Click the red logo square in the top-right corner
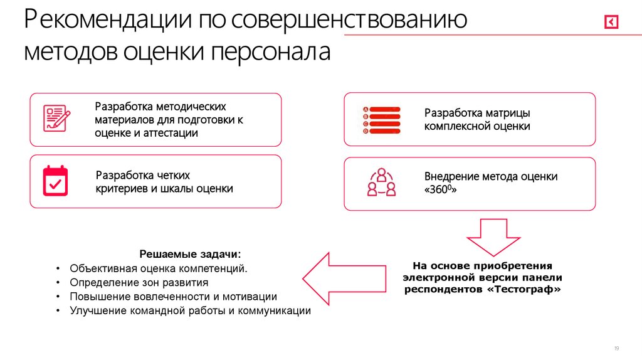611,22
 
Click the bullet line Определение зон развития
139,282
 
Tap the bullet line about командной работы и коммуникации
190,310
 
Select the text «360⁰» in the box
440,189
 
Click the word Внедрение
451,176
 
